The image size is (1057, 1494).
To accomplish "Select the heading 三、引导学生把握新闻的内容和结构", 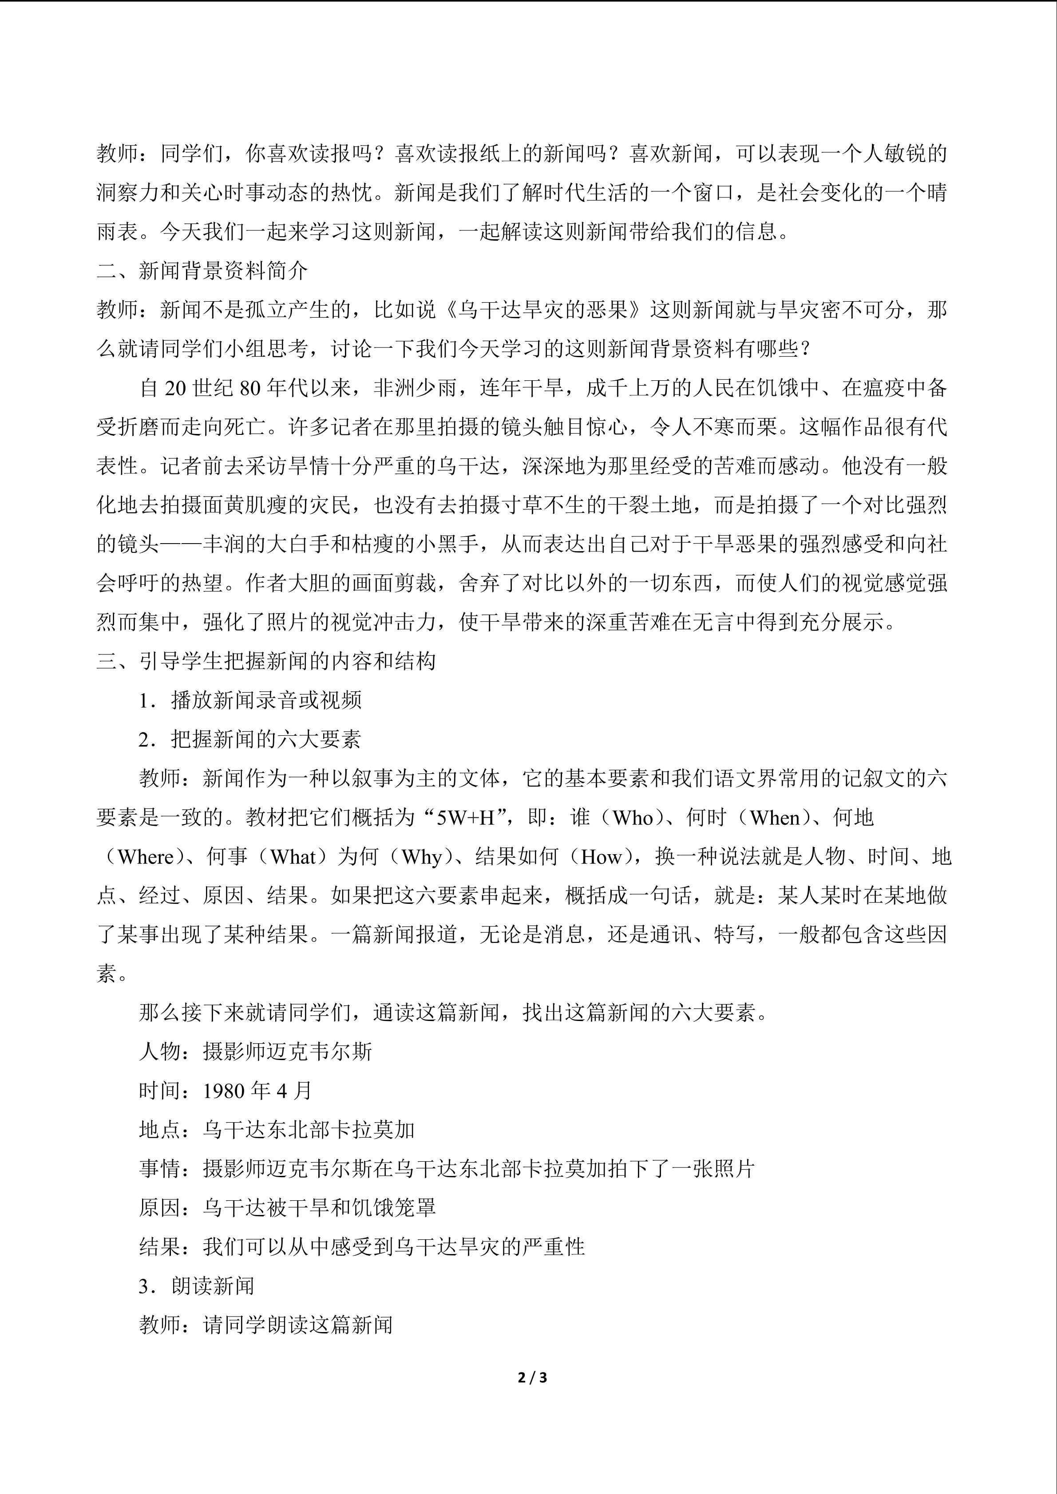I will [266, 661].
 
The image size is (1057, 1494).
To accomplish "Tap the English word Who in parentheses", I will [633, 818].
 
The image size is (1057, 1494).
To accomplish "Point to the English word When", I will [783, 818].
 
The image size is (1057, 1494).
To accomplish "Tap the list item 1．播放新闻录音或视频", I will [250, 701].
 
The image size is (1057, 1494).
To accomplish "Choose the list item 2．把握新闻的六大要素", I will [250, 740].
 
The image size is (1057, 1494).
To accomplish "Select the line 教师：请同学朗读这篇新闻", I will [265, 1325].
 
